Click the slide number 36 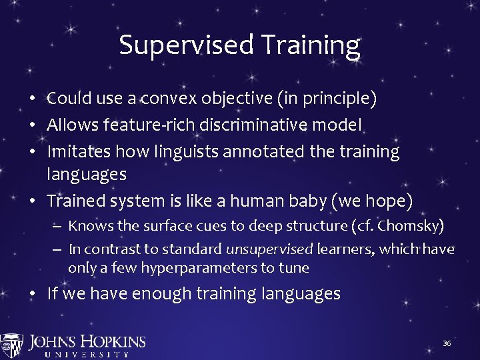click(447, 343)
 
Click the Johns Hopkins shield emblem click(12, 345)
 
